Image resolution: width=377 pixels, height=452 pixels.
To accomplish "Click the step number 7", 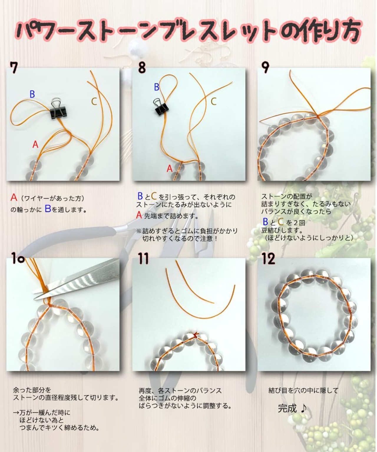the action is coord(14,68).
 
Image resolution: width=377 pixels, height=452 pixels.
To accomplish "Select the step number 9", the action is coord(265,67).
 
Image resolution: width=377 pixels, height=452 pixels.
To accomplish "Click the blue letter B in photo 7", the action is coord(32,94).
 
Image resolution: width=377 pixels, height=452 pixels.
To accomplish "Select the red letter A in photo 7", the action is coord(35,144).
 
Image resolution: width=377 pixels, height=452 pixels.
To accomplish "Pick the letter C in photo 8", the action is coord(214,101).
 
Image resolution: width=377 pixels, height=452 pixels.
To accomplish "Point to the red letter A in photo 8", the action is coord(169,168).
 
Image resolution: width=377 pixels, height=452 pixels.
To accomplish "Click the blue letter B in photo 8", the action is coord(157,87).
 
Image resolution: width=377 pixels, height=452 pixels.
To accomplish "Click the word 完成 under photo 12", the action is coord(287,408).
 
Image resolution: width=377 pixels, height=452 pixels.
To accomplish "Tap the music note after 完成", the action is coord(303,408).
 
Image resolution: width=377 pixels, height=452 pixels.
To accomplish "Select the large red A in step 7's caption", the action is coord(14,197).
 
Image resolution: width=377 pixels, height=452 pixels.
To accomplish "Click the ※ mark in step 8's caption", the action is coord(139,231).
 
